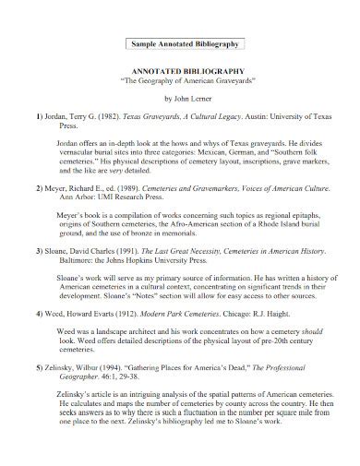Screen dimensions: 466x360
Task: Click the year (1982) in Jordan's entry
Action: pyautogui.click(x=108, y=119)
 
